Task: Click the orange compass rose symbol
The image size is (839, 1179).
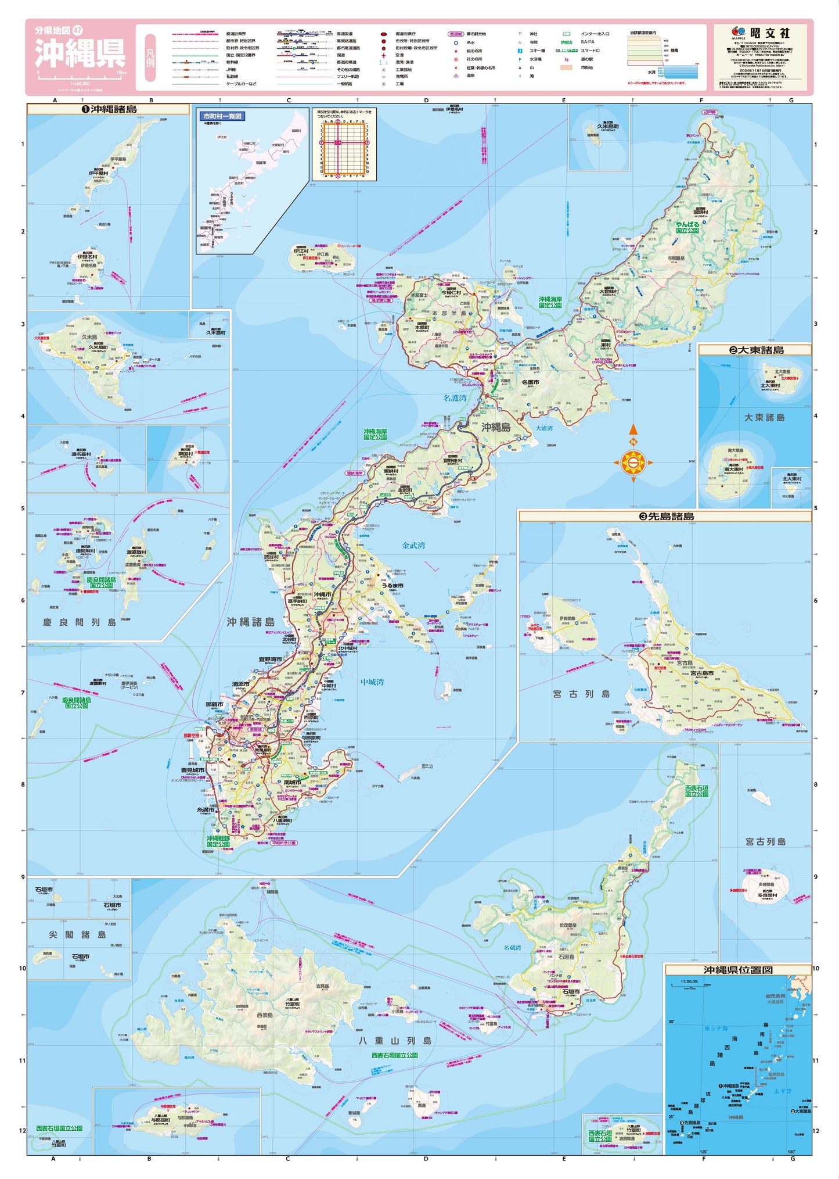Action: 633,463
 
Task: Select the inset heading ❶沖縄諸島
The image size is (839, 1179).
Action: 109,109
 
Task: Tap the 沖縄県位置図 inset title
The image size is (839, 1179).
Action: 738,970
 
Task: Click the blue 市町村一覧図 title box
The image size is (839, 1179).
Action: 222,116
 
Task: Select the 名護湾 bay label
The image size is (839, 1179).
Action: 455,398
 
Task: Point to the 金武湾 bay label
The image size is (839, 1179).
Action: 413,545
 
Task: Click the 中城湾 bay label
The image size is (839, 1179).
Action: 372,682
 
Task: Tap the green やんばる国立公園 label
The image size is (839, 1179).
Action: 687,227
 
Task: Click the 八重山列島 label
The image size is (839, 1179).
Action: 395,1040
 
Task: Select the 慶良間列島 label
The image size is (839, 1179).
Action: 80,622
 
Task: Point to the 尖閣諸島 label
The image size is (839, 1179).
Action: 77,934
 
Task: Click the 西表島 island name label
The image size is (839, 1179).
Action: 265,1015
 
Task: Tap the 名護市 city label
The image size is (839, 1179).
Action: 530,382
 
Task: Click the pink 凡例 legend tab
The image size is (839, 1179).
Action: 150,58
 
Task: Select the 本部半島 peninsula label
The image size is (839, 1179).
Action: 449,313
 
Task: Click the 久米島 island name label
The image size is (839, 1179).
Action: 89,336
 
